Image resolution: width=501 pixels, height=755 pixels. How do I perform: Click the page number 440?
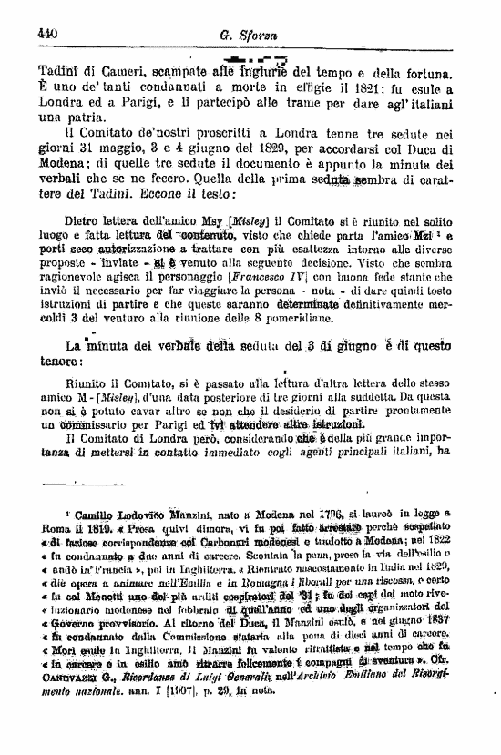48,35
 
